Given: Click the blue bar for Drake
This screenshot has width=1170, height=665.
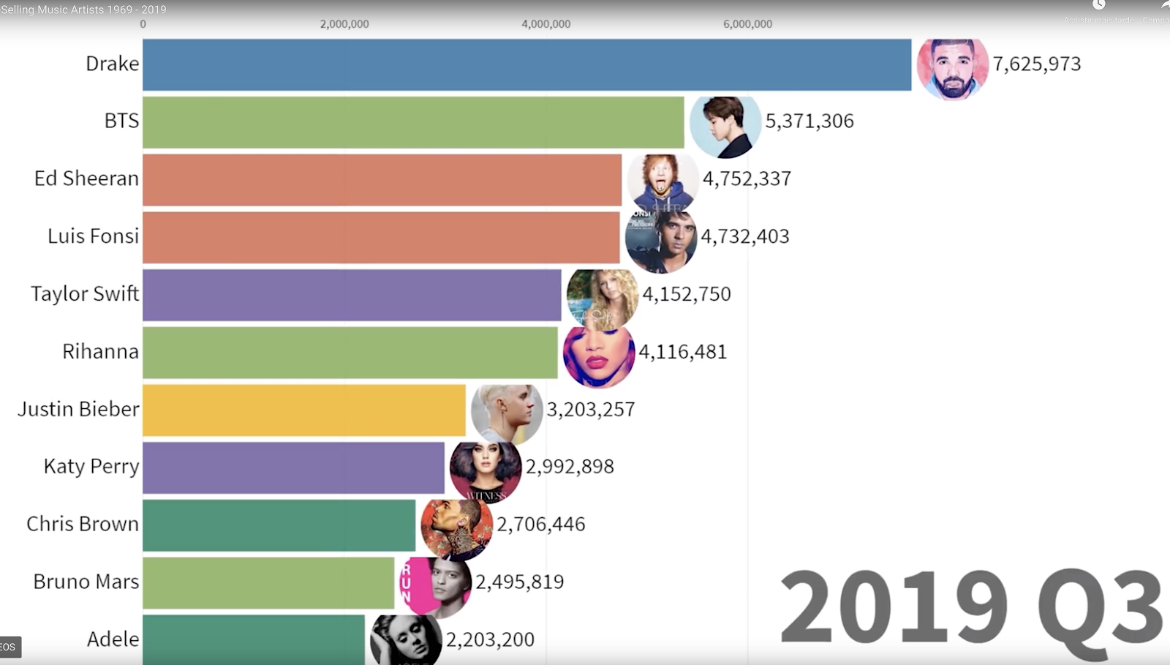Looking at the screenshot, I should coord(526,64).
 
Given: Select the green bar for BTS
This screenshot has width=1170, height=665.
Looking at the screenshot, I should coord(413,122).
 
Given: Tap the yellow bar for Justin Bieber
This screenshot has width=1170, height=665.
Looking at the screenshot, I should coord(303,410).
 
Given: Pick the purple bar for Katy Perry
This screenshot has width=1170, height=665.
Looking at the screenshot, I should coord(293,467).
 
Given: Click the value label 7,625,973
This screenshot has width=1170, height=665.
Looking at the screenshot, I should coord(1036,64).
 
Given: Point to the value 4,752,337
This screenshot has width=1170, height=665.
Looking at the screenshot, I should coord(747,179).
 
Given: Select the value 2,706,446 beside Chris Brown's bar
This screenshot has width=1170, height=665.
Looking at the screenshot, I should coord(540,525).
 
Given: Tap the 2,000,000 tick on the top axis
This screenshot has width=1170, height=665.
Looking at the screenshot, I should coord(344,24).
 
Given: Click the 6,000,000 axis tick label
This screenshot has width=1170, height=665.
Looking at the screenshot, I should coord(747,24).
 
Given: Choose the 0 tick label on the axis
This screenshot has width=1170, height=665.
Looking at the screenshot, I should coord(143,24).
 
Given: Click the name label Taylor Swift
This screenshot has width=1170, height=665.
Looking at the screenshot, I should coord(85,294).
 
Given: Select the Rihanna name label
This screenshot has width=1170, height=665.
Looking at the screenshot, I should coord(100,352).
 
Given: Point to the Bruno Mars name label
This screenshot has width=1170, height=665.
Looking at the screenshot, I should coord(86,582).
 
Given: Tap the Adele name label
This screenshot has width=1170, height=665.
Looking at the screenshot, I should coord(113,639).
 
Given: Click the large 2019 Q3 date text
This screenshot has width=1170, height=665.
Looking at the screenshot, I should coord(970,606).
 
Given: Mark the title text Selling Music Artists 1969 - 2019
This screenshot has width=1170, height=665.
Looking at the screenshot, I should coord(83,10).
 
